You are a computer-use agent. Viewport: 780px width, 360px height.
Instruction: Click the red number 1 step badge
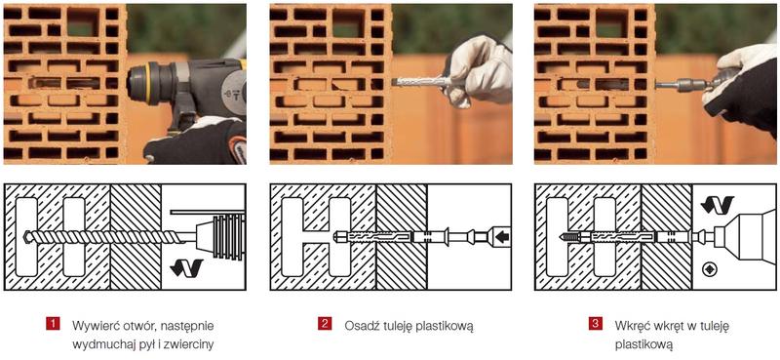[x=53, y=324]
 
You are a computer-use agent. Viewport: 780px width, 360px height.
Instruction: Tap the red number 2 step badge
[x=324, y=324]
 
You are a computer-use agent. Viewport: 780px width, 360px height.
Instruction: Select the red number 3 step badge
[x=595, y=324]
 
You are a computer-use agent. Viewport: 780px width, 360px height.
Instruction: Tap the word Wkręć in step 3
[x=631, y=326]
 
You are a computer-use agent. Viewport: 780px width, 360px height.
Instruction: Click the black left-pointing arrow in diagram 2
[x=501, y=237]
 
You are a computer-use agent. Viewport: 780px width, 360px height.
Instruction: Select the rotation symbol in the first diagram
[x=186, y=268]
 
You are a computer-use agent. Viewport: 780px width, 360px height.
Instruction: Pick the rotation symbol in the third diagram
[x=718, y=205]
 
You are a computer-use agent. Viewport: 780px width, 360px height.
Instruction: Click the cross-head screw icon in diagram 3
[x=709, y=270]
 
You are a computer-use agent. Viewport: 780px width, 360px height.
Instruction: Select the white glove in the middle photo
[x=479, y=68]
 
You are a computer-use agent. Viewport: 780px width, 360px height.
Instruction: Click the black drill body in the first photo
[x=198, y=84]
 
